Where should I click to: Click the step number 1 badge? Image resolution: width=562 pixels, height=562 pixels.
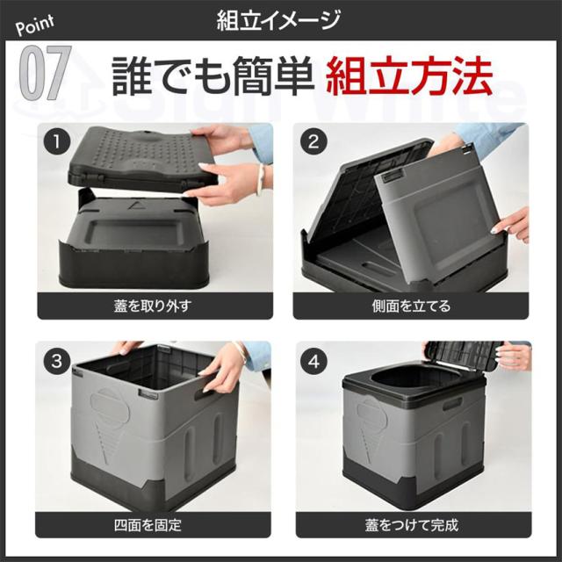click(x=57, y=141)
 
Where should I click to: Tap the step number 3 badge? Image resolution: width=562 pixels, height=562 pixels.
click(x=57, y=361)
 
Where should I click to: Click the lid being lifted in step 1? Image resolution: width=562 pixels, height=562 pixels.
click(x=140, y=158)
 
